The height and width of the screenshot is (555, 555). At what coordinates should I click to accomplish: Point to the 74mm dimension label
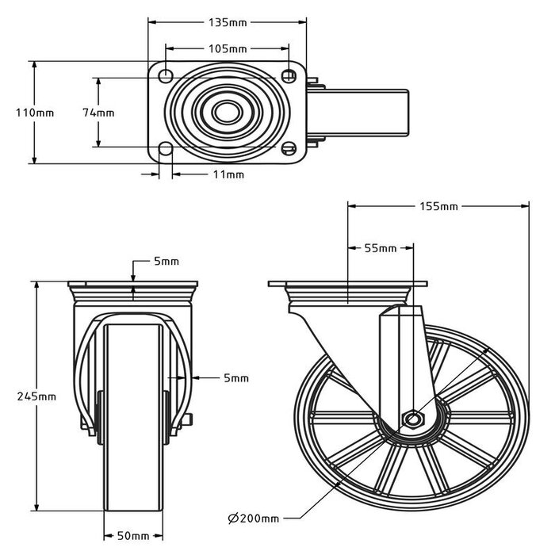98,113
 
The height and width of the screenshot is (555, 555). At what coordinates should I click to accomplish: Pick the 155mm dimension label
438,207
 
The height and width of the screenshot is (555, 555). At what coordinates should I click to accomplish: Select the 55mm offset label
380,248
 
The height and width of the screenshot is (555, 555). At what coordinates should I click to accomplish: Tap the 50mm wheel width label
134,537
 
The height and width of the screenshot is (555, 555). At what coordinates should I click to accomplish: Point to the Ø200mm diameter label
253,519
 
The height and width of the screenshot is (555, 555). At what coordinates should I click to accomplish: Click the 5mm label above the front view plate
166,262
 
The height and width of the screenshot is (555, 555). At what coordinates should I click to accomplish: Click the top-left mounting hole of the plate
166,75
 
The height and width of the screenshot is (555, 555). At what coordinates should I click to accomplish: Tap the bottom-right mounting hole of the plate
289,149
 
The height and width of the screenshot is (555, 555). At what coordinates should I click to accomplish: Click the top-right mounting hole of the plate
289,75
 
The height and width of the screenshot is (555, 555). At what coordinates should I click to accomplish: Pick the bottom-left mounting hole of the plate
166,149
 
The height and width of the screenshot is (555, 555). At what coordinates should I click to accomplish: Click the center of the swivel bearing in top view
228,112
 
